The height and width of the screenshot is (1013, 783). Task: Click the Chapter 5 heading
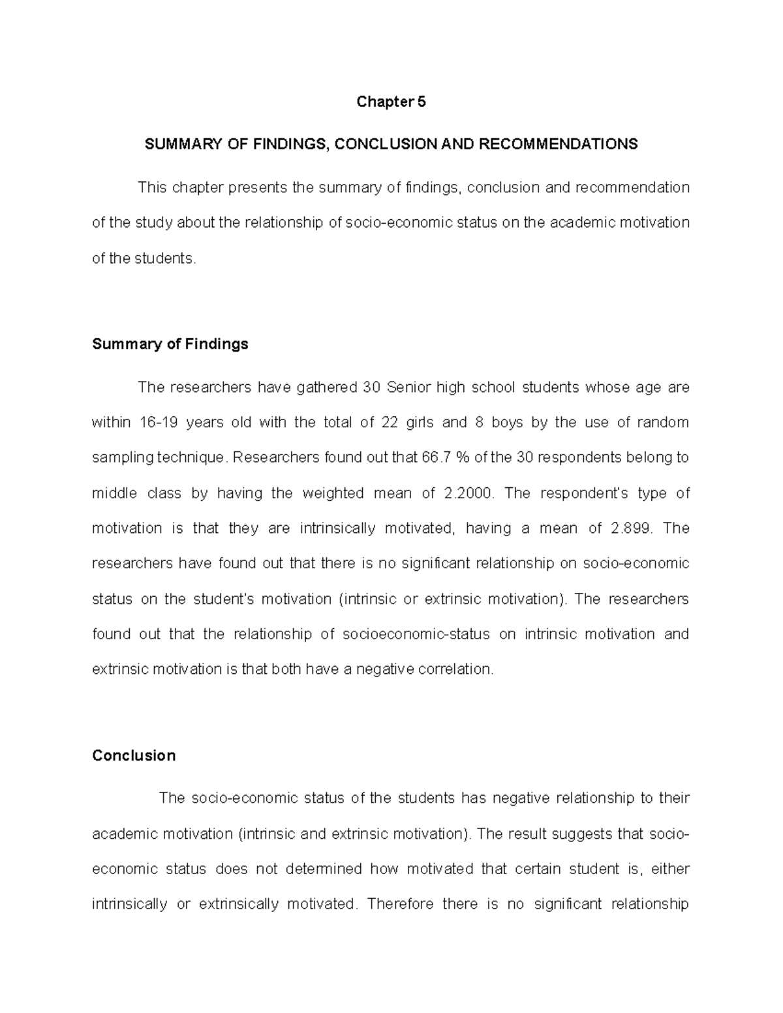click(391, 102)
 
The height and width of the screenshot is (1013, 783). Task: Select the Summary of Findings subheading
click(170, 344)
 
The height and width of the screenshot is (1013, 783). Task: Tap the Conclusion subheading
click(134, 755)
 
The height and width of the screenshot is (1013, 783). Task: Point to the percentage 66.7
click(437, 457)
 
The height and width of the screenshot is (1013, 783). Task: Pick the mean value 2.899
click(632, 528)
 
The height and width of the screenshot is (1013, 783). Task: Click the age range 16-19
click(158, 423)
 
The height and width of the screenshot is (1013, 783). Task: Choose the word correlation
click(455, 669)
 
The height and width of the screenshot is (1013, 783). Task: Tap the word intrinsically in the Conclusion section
click(129, 904)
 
